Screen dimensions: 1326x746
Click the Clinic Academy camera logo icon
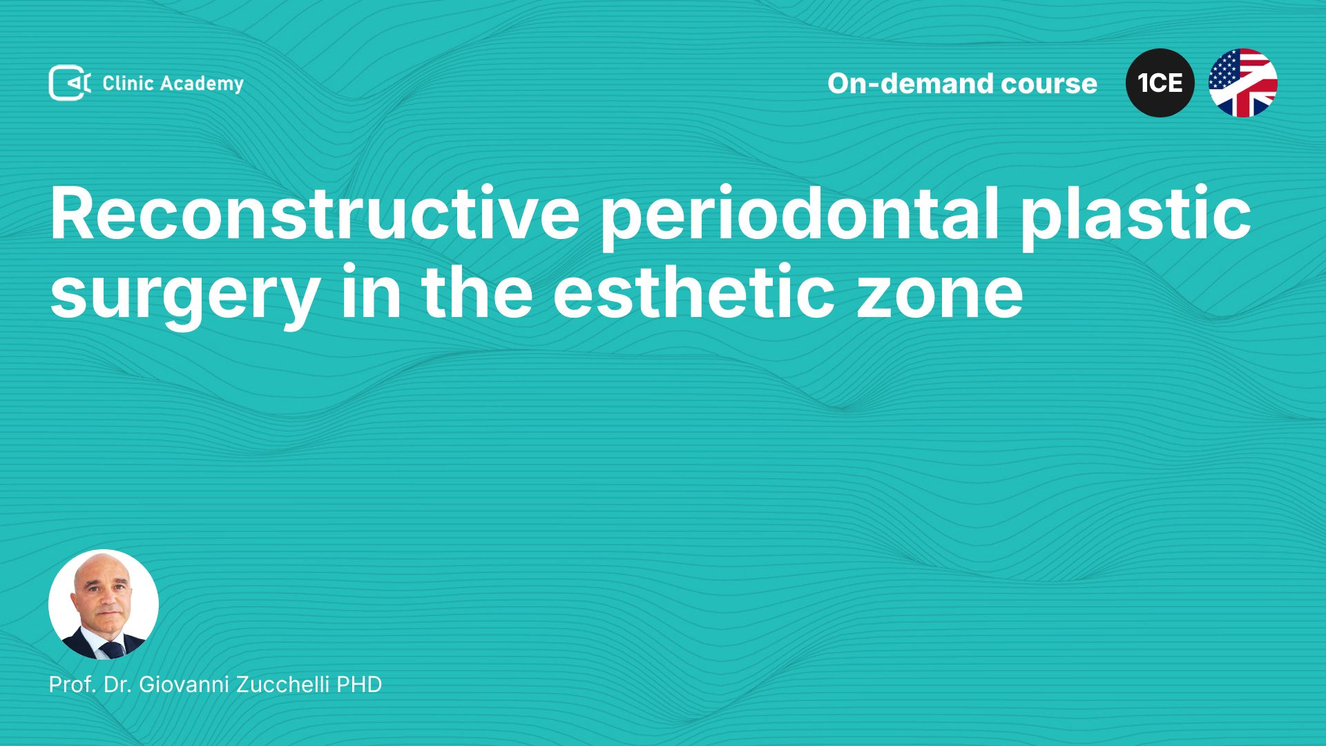(x=70, y=83)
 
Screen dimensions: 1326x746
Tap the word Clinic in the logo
(x=128, y=83)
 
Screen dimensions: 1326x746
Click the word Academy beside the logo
(x=202, y=84)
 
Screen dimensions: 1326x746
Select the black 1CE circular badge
(x=1160, y=83)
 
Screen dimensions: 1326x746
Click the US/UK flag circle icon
(x=1242, y=83)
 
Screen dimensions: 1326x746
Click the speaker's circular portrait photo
(x=104, y=604)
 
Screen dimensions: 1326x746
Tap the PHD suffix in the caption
(x=359, y=684)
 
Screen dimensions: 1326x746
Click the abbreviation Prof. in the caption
(x=73, y=684)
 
